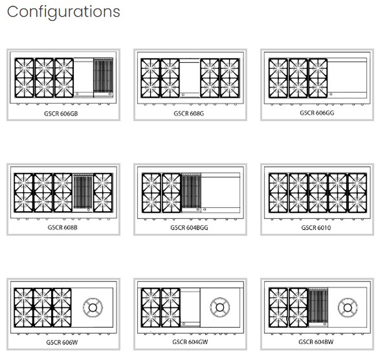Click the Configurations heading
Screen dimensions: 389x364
click(x=63, y=12)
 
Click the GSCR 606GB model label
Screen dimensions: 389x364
click(x=61, y=113)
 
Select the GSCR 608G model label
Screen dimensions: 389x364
click(x=189, y=113)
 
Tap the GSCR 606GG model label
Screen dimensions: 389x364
click(x=317, y=113)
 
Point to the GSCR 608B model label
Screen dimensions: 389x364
click(x=62, y=227)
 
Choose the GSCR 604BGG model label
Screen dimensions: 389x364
click(x=189, y=228)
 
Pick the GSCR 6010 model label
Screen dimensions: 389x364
click(x=316, y=228)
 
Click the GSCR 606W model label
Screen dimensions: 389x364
click(x=62, y=342)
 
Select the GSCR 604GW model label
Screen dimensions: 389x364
click(x=190, y=342)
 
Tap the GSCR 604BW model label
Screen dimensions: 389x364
click(x=316, y=342)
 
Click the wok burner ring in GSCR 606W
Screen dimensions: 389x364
click(x=93, y=299)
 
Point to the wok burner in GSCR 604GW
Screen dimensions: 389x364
click(x=220, y=307)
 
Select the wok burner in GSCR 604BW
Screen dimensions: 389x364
click(x=347, y=308)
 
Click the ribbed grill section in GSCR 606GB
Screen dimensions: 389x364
click(x=103, y=76)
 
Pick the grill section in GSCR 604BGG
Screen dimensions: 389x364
click(x=191, y=191)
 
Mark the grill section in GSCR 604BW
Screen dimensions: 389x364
click(x=318, y=306)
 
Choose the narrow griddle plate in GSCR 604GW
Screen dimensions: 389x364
click(x=190, y=307)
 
